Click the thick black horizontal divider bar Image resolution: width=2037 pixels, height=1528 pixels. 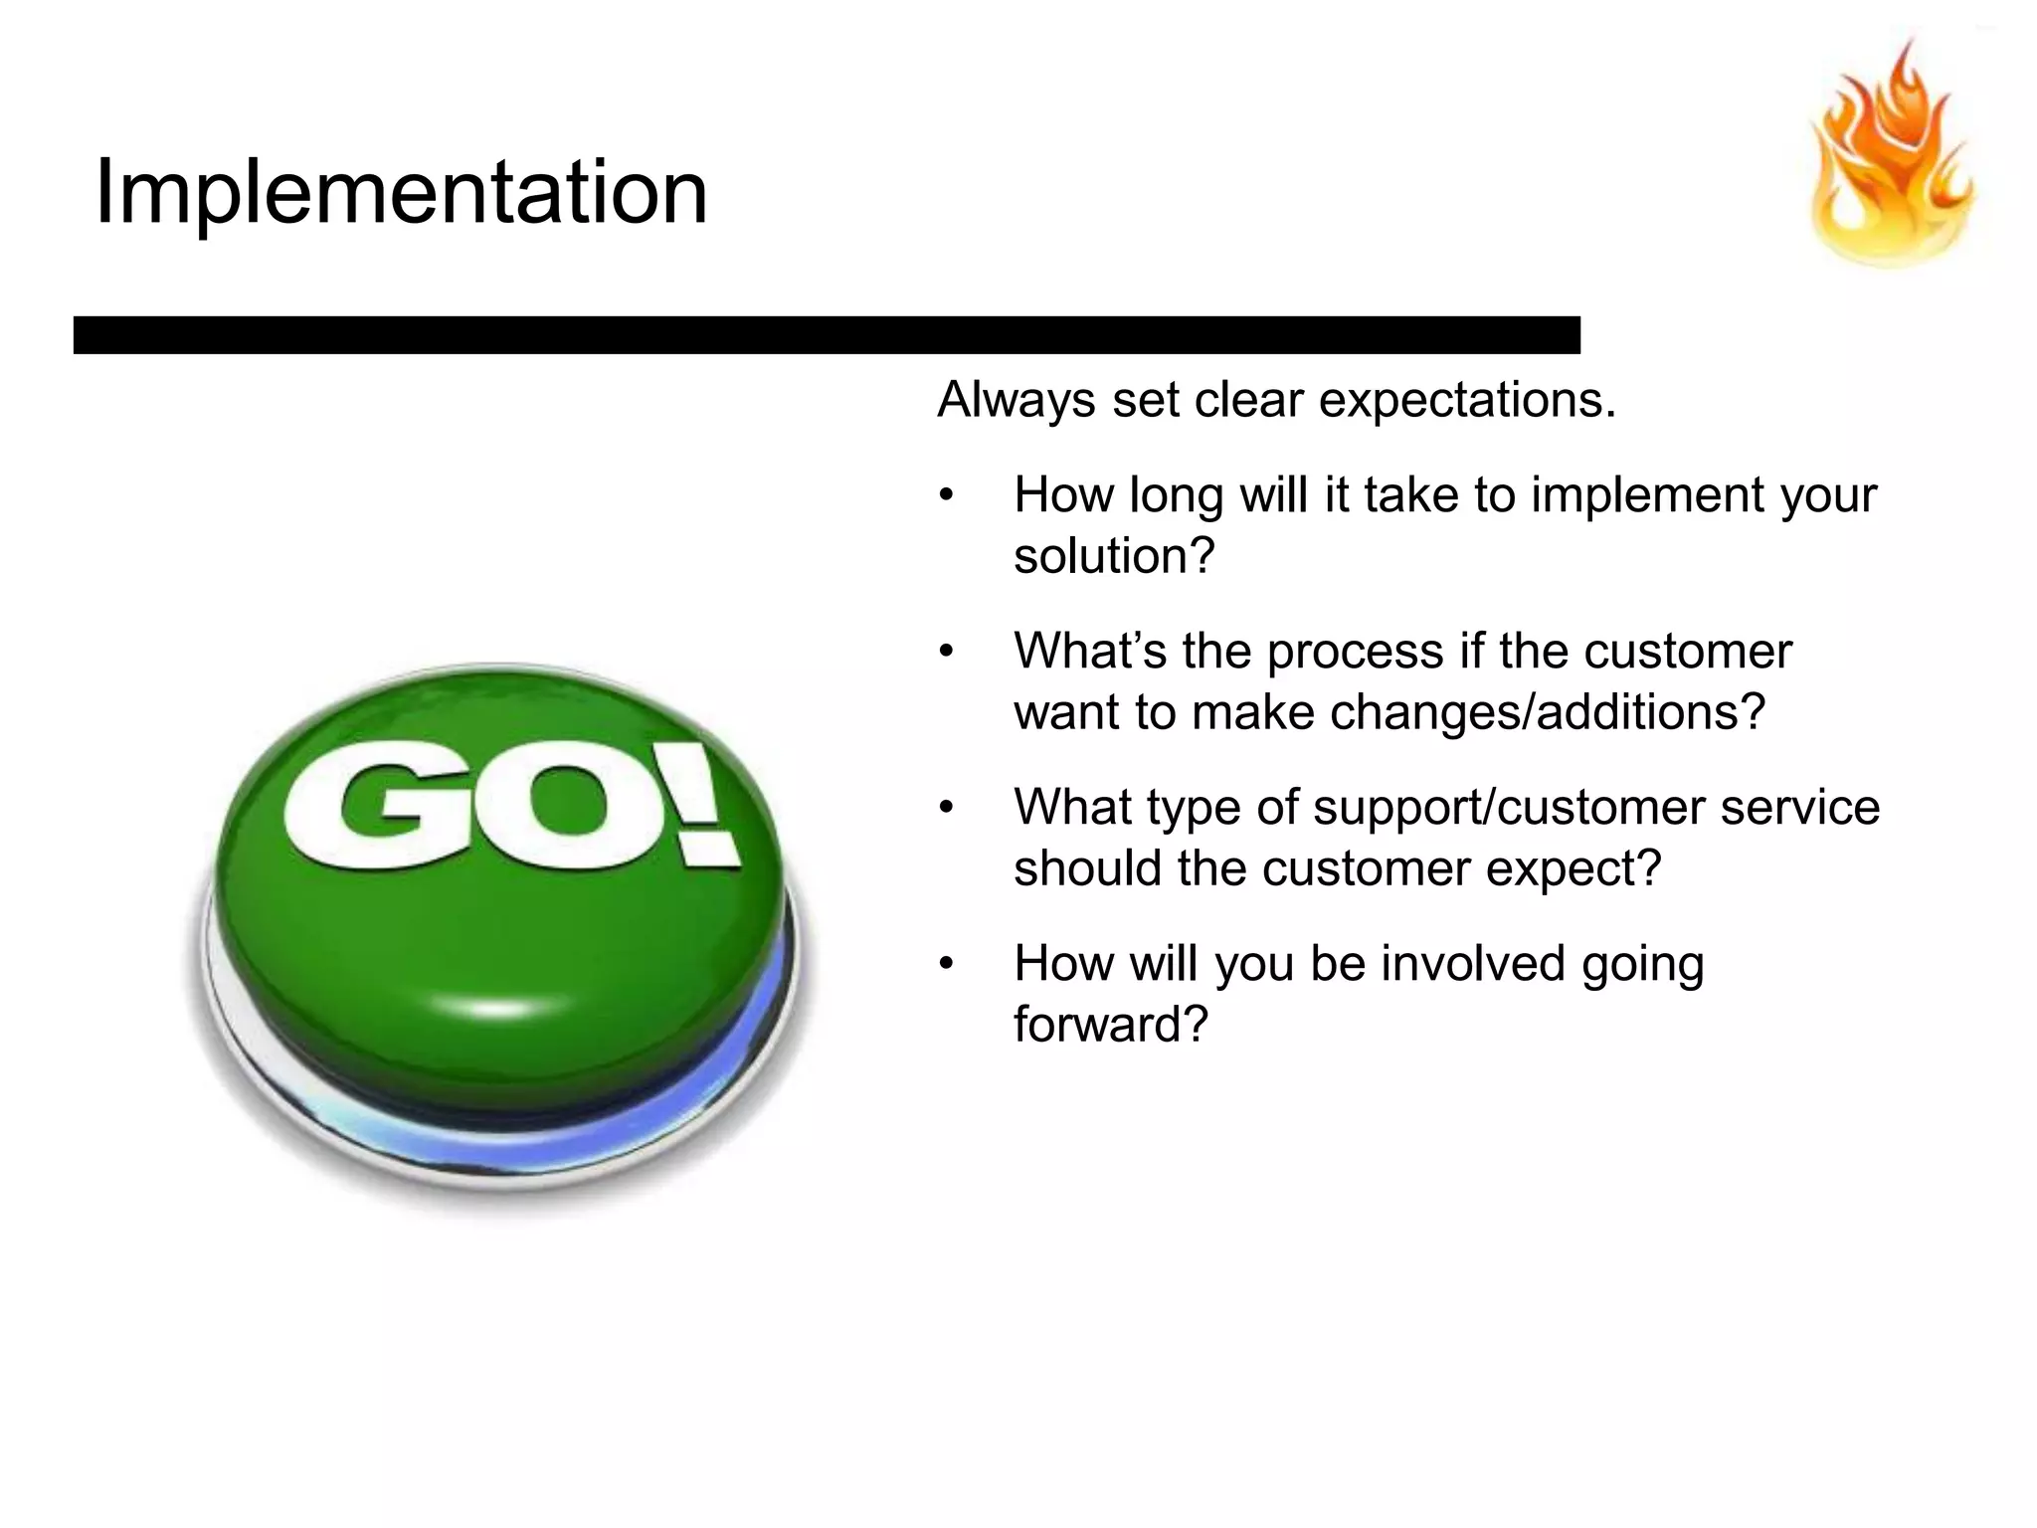[826, 335]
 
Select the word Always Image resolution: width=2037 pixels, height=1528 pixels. [1017, 400]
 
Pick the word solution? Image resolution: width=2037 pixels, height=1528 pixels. [1114, 556]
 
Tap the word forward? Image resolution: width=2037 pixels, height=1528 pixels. [1110, 1025]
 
